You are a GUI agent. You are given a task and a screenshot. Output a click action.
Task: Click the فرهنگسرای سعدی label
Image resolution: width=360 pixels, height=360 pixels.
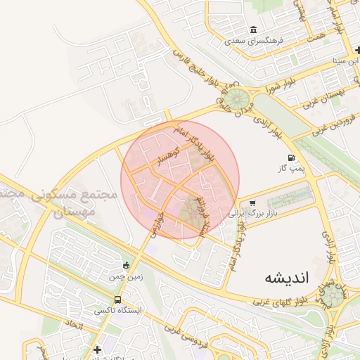click(253, 41)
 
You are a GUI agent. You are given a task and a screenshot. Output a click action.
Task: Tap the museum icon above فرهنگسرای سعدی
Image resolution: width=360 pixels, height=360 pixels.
click(253, 30)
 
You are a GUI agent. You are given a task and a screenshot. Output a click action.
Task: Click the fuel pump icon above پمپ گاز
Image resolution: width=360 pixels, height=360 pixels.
click(290, 159)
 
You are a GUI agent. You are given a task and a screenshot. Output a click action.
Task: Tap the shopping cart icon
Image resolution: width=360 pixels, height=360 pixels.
click(252, 201)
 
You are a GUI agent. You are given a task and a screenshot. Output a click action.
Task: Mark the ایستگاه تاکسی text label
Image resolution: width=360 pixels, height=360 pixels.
click(117, 310)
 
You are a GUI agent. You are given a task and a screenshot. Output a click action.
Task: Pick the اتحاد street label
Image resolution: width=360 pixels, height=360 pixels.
click(73, 326)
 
